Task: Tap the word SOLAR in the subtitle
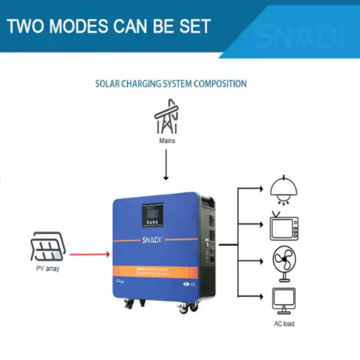pyautogui.click(x=109, y=83)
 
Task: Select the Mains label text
pyautogui.click(x=166, y=140)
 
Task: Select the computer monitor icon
pyautogui.click(x=284, y=301)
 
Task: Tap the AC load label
pyautogui.click(x=284, y=324)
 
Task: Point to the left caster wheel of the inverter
pyautogui.click(x=125, y=307)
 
